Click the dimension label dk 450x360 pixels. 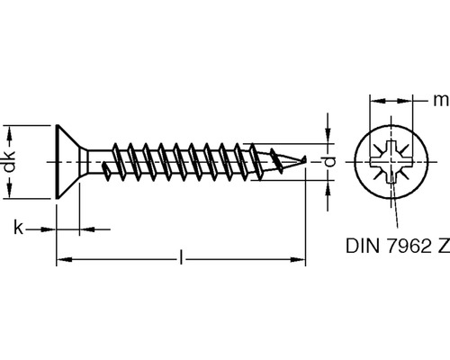[x=10, y=162]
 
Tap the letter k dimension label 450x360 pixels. [x=18, y=228]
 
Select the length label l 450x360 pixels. [x=181, y=257]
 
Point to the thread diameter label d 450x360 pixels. [x=330, y=162]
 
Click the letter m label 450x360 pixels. [x=441, y=100]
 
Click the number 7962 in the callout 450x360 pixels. [x=407, y=246]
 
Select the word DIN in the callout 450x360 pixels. [x=364, y=246]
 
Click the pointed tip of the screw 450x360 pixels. [x=305, y=158]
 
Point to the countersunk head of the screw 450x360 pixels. [x=68, y=162]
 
